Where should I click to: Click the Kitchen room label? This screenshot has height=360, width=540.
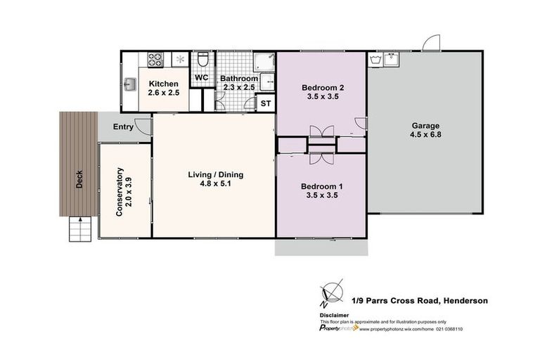[x=163, y=83]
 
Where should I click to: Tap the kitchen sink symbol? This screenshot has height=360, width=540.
[x=130, y=85]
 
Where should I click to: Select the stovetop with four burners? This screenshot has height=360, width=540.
[x=155, y=59]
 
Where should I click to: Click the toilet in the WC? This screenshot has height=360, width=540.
[x=202, y=59]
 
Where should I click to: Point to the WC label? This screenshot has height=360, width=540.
[x=201, y=78]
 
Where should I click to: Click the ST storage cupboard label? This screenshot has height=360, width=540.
[x=266, y=103]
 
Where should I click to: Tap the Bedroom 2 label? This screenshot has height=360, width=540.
[x=322, y=88]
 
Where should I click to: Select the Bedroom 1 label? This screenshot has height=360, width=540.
[x=321, y=186]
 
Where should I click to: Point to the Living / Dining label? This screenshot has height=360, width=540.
[x=213, y=175]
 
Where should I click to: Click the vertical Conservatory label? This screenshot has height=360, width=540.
[x=120, y=191]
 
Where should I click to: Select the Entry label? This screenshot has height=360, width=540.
[x=122, y=127]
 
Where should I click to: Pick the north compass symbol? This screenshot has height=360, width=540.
[x=330, y=292]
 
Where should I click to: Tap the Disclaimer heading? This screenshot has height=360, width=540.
[x=335, y=316]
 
